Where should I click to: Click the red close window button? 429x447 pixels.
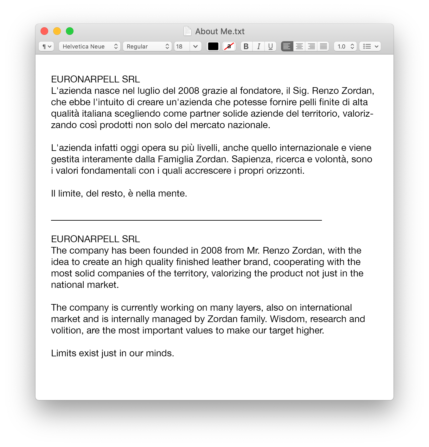tap(44, 31)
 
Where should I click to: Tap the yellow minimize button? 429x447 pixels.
tap(57, 31)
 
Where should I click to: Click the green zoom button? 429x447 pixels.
tap(70, 31)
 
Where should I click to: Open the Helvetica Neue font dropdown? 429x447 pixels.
tap(89, 47)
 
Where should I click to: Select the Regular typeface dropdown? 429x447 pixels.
tap(147, 47)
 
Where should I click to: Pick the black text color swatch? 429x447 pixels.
tap(213, 47)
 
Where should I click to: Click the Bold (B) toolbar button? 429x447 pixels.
tap(246, 47)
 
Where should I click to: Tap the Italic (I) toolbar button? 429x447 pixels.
tap(259, 47)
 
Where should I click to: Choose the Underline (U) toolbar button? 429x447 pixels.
tap(270, 47)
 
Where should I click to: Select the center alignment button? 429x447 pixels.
tap(299, 47)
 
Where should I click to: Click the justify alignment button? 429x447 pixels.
tap(323, 47)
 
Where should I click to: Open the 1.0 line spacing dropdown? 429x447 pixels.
tap(345, 47)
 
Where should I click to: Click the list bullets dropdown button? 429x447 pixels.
tap(370, 47)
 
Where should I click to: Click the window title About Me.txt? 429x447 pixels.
tap(220, 31)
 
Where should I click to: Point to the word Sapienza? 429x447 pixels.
tap(252, 159)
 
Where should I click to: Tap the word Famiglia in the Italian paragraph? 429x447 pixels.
tap(176, 159)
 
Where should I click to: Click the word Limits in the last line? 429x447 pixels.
tap(64, 353)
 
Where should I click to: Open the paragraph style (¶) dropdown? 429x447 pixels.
tap(46, 47)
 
